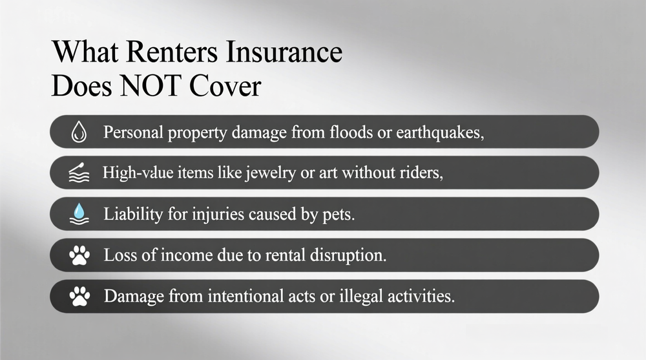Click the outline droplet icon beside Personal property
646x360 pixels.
click(x=78, y=132)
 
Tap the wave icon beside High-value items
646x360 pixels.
click(x=78, y=173)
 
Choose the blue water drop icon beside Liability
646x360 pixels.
click(x=78, y=215)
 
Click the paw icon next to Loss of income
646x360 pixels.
click(x=78, y=256)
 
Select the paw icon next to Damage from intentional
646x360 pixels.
click(x=78, y=297)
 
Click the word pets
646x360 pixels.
click(x=339, y=215)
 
